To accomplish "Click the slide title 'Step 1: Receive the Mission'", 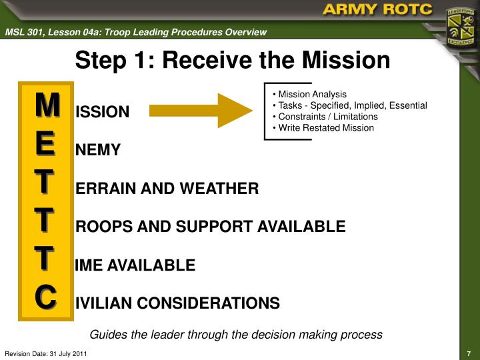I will coord(232,61).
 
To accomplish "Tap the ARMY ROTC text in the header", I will coord(377,11).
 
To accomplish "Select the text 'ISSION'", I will coord(103,112).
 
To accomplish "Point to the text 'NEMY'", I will coord(98,151).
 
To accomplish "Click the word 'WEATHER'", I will coord(225,189).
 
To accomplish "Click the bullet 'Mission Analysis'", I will coord(312,94).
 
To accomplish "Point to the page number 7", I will coord(469,353).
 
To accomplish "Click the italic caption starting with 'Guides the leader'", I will coord(236,335).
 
